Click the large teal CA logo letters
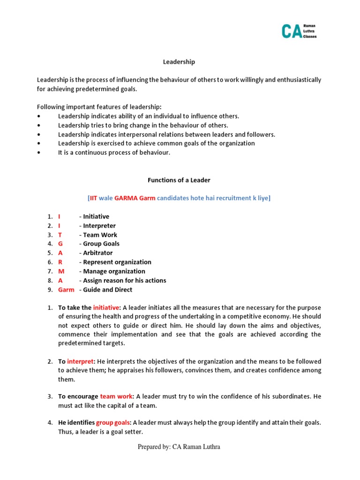point(292,31)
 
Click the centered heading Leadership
point(179,62)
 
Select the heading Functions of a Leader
point(179,180)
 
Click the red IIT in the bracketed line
point(94,198)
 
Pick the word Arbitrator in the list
point(98,253)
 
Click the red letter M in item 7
point(61,271)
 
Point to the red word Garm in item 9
point(66,289)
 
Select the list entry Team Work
point(100,234)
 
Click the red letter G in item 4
point(60,244)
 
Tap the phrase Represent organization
point(117,262)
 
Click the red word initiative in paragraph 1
point(106,307)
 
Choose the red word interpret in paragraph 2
point(81,361)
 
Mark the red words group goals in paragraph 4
point(113,422)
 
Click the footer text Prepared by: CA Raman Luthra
point(179,447)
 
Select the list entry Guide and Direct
point(108,289)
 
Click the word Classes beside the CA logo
point(310,36)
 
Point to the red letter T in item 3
point(60,234)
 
